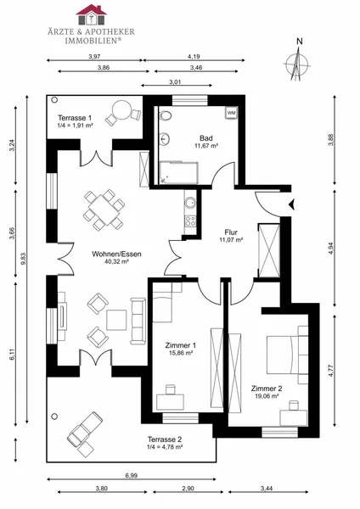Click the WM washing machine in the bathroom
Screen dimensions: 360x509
(x=231, y=113)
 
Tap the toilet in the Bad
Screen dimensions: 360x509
(x=165, y=116)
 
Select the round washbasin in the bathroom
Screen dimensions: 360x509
(x=165, y=139)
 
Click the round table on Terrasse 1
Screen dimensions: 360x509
(x=121, y=109)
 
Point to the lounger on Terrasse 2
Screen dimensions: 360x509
(x=85, y=429)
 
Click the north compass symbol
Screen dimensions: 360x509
(x=296, y=62)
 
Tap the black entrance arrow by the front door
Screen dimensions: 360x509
(x=291, y=204)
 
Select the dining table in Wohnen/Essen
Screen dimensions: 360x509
(x=104, y=210)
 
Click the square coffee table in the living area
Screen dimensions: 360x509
(x=116, y=320)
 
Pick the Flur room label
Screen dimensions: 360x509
(x=231, y=232)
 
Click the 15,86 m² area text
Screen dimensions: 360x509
(x=181, y=353)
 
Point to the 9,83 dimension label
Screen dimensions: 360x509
(x=23, y=259)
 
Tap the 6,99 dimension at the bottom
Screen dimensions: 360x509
(x=132, y=476)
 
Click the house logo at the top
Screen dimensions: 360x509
(x=92, y=14)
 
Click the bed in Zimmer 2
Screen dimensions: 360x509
(x=283, y=355)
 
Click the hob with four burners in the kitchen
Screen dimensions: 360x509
(x=190, y=221)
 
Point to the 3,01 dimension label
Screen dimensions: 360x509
(x=175, y=82)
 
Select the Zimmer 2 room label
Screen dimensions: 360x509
(x=267, y=389)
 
